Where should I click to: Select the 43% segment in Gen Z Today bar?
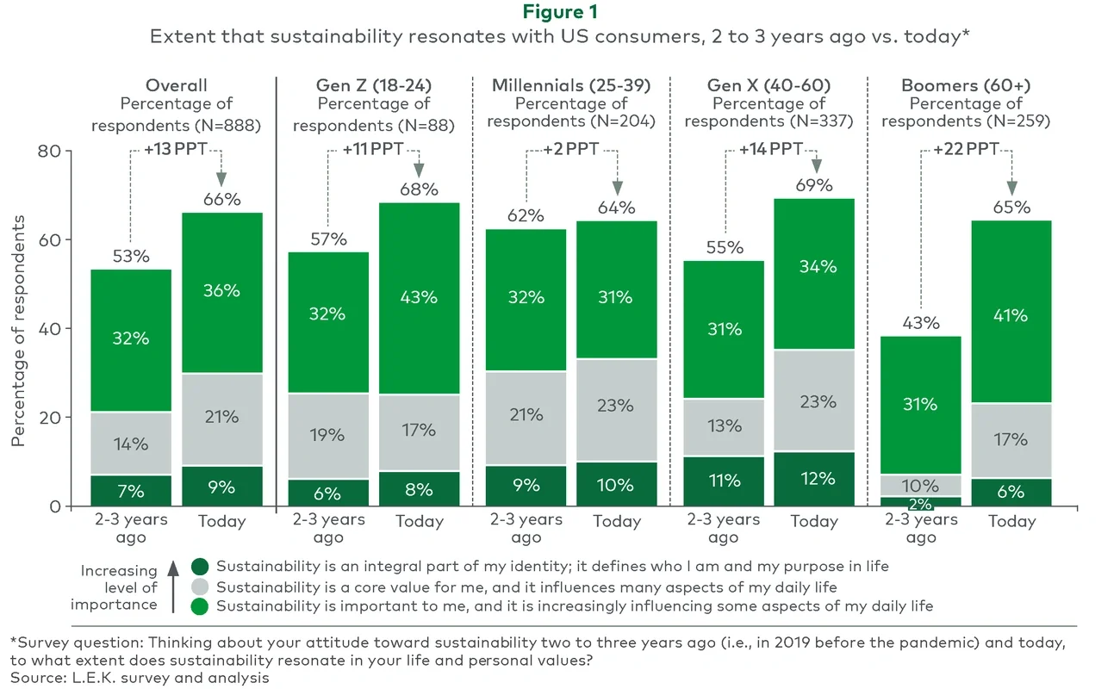tap(419, 297)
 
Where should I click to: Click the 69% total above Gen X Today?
tap(813, 185)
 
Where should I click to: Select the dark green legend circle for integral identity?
tap(200, 567)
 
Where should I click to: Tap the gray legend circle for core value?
tap(200, 587)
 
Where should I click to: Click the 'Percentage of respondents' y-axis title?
tap(18, 327)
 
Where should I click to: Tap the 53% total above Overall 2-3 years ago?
tap(132, 256)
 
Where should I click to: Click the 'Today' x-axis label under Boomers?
tap(1011, 521)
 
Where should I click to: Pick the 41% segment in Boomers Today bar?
tap(1011, 315)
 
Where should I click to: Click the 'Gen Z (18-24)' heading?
tap(374, 85)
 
